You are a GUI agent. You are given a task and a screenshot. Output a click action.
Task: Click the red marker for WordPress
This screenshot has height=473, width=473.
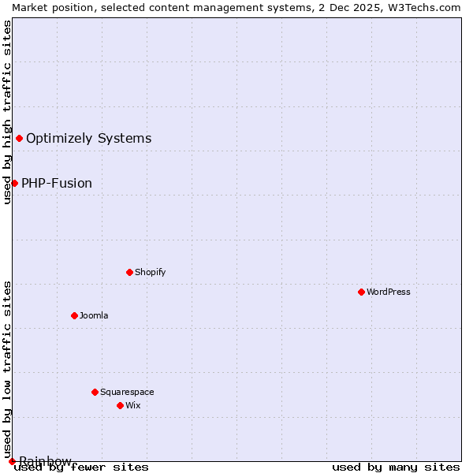click(x=361, y=292)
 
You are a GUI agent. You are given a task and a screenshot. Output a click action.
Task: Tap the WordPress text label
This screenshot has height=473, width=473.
click(x=388, y=292)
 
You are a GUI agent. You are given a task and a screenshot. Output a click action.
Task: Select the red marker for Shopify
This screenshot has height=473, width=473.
click(x=129, y=272)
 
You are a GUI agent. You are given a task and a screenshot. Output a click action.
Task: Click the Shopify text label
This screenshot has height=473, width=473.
click(x=150, y=272)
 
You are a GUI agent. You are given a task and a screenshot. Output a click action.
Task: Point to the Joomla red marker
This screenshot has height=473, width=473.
click(x=74, y=315)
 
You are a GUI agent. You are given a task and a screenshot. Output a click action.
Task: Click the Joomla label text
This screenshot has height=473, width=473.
click(x=94, y=315)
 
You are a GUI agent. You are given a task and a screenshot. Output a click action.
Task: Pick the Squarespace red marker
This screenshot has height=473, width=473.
click(x=95, y=392)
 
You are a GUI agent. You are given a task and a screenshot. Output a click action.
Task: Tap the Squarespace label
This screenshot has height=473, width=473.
click(x=127, y=392)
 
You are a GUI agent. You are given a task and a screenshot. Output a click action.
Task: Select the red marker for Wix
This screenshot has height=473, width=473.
click(x=120, y=405)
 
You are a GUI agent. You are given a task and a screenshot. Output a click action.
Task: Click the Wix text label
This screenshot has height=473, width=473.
click(x=132, y=405)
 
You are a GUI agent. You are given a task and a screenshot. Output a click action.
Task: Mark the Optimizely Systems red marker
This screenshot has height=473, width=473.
click(x=19, y=139)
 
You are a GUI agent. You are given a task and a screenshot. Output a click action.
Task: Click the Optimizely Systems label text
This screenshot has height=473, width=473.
click(x=88, y=139)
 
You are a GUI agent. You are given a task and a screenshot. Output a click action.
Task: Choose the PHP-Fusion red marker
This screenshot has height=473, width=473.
click(x=14, y=183)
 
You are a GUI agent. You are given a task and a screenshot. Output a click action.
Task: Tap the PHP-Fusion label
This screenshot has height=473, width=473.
click(x=57, y=183)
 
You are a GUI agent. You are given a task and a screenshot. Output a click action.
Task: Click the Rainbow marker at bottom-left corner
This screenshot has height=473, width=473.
click(x=12, y=461)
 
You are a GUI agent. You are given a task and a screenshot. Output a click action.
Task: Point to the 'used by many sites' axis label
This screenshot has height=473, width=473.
click(x=396, y=467)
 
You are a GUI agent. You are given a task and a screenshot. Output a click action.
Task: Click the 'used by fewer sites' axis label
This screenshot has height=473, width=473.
click(x=81, y=467)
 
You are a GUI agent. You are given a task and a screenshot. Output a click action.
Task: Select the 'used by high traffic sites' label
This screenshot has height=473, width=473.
click(x=7, y=112)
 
